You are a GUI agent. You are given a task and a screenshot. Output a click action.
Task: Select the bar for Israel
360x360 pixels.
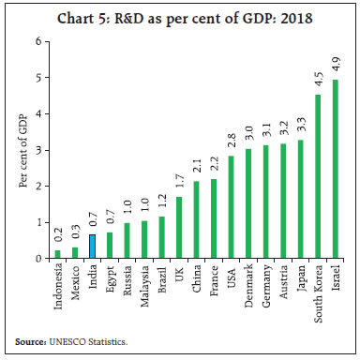coord(336,169)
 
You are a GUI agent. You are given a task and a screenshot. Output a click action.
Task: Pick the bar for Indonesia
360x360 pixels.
coord(57,254)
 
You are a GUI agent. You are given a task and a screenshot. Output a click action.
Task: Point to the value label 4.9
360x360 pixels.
coord(336,67)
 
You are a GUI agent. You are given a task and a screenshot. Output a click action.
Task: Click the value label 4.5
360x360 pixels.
coord(318,81)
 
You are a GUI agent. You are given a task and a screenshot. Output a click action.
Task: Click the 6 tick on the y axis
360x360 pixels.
coord(37,41)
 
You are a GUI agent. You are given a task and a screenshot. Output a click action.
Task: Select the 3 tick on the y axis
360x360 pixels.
coord(37,150)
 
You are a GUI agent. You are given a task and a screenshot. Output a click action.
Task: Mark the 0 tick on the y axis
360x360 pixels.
coord(37,258)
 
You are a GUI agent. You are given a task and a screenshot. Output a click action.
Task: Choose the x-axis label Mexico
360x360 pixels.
coord(75,281)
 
